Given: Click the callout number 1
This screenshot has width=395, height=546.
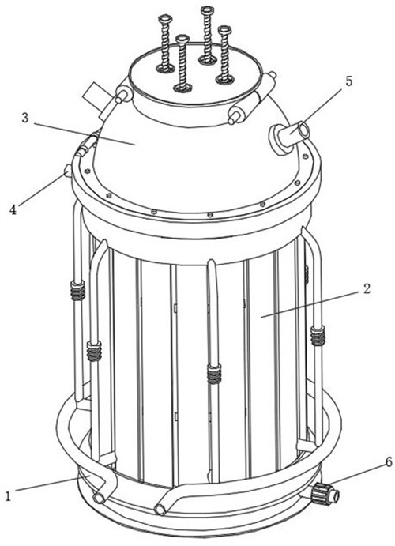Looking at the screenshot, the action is [9, 495].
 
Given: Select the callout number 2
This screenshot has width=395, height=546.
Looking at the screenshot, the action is [366, 288].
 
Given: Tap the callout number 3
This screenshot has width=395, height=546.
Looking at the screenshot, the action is [25, 118].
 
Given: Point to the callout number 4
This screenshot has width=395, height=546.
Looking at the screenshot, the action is [13, 209].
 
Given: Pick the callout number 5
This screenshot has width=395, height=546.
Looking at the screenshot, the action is [348, 81].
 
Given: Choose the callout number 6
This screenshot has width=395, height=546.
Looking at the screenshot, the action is [389, 461].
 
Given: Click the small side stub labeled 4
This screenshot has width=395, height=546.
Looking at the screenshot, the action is [67, 171].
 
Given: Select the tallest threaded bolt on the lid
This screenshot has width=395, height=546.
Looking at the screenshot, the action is [207, 35].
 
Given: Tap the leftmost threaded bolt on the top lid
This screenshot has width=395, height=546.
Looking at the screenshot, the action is [164, 43].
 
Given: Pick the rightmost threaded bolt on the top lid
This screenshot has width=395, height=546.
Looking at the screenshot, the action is [224, 55].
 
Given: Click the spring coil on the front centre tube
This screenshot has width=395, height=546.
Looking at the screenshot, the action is [214, 374].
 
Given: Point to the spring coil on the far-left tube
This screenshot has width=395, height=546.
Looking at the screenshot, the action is [78, 290].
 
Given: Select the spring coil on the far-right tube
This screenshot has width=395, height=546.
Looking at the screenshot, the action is [318, 336].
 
